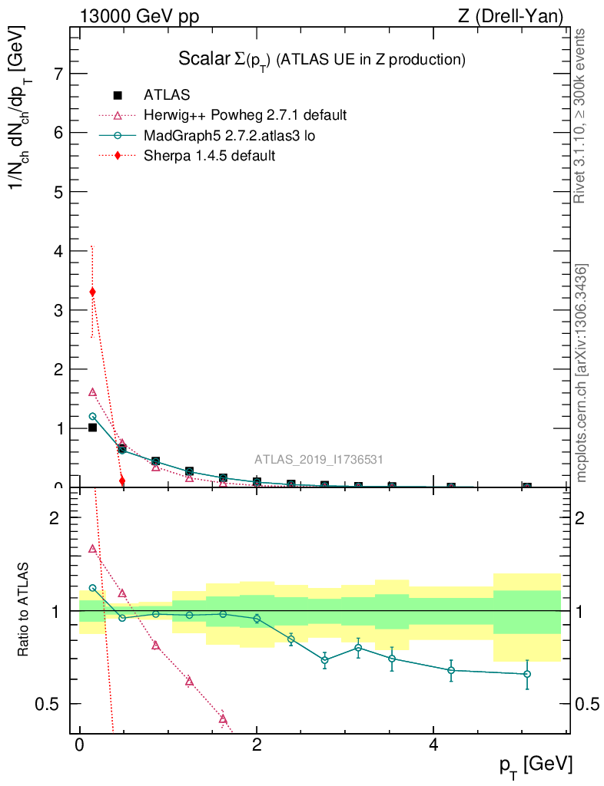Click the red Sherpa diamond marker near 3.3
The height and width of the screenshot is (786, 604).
93,292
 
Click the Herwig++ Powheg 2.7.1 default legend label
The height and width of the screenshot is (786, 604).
245,115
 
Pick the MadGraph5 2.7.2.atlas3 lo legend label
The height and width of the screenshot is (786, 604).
230,136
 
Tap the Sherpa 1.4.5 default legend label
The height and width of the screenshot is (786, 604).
210,156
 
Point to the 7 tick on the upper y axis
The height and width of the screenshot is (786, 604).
58,74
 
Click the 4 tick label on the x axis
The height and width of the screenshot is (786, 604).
433,746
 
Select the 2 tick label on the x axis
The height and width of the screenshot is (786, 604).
257,746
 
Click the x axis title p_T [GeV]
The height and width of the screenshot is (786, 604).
536,765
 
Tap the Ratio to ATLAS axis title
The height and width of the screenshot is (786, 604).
24,611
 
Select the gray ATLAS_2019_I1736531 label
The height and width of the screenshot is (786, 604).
319,460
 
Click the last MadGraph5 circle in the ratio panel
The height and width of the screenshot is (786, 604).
527,674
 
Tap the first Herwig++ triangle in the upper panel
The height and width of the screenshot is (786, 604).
93,392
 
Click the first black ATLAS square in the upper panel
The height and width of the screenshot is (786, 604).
93,428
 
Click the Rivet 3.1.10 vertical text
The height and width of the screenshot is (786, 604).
581,116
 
